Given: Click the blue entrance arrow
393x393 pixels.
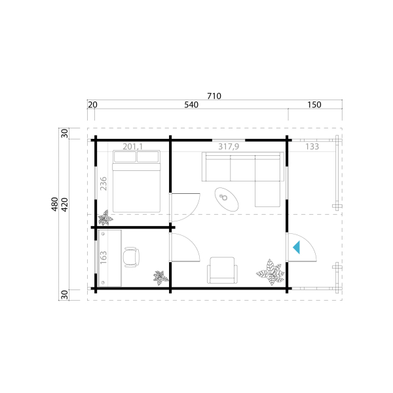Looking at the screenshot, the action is pyautogui.click(x=297, y=248).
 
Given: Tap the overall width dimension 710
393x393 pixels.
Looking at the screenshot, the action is pyautogui.click(x=214, y=96).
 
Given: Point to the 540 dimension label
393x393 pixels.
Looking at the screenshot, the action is pyautogui.click(x=191, y=105).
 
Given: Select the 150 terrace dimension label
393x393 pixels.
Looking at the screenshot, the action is pyautogui.click(x=314, y=105).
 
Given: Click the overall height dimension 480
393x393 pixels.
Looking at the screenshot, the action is pyautogui.click(x=54, y=204).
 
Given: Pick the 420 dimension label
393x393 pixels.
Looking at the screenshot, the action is pyautogui.click(x=64, y=205).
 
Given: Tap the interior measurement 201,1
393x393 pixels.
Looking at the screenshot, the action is pyautogui.click(x=132, y=147).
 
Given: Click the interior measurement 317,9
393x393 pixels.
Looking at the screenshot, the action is pyautogui.click(x=229, y=147).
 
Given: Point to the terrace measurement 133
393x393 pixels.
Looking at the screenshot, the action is pyautogui.click(x=312, y=147).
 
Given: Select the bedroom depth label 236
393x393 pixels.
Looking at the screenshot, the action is pyautogui.click(x=103, y=183).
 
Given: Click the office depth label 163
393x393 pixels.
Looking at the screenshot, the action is pyautogui.click(x=103, y=257).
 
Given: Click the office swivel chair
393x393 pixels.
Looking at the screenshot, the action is pyautogui.click(x=131, y=257).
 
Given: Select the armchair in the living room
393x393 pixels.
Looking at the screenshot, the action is pyautogui.click(x=222, y=270).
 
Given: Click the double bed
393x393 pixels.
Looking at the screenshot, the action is pyautogui.click(x=136, y=181).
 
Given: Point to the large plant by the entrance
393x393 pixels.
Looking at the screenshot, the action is pyautogui.click(x=271, y=272).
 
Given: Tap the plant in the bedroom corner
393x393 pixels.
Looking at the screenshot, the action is pyautogui.click(x=105, y=217).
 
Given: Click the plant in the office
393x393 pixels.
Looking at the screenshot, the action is pyautogui.click(x=160, y=278).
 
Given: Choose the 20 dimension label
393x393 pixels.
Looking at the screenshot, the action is pyautogui.click(x=92, y=105).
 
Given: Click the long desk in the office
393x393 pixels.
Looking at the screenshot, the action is pyautogui.click(x=110, y=258).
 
